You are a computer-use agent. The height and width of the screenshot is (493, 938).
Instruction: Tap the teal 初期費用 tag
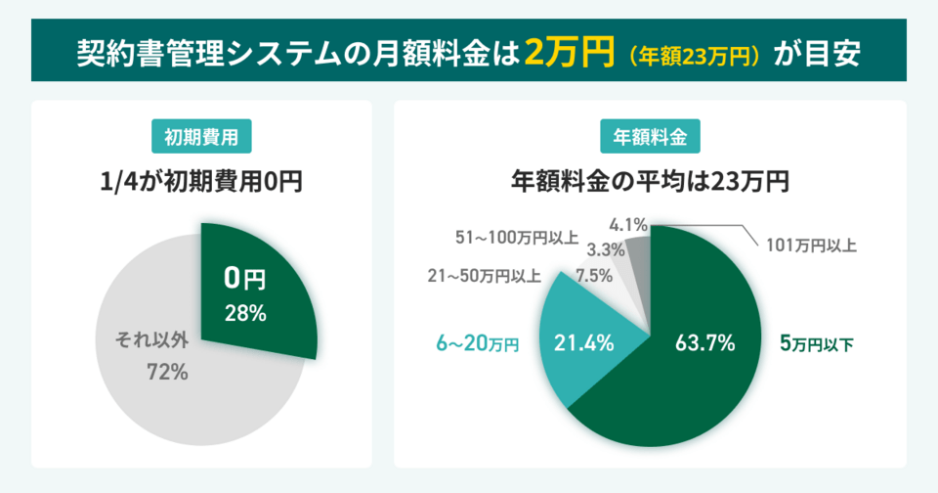(x=201, y=138)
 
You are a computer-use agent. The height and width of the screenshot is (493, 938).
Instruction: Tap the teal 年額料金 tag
(x=650, y=138)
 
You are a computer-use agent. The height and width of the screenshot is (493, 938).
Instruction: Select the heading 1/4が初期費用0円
(x=201, y=181)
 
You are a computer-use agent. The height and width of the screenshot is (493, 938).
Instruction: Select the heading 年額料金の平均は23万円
(x=650, y=181)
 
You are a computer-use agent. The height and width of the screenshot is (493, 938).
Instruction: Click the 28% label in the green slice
(x=244, y=313)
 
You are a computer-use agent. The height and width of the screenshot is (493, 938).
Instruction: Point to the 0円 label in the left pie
(x=244, y=280)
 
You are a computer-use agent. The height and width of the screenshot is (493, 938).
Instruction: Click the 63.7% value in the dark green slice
(x=704, y=343)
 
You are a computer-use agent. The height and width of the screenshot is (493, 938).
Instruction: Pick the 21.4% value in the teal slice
(x=584, y=343)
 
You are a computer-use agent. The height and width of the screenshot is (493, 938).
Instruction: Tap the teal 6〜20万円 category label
(x=477, y=343)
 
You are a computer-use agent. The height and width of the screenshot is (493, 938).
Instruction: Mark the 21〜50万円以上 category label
(x=484, y=276)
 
